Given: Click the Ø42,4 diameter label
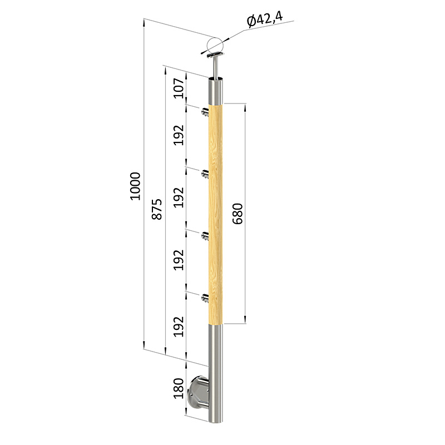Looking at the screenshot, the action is pyautogui.click(x=265, y=19).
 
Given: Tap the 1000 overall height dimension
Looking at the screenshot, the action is pyautogui.click(x=135, y=186).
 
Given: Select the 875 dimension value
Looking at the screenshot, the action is pyautogui.click(x=157, y=209).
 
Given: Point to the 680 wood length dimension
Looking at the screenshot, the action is pyautogui.click(x=238, y=214).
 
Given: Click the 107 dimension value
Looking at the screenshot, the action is pyautogui.click(x=179, y=88).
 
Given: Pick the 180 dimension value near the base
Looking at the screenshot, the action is pyautogui.click(x=179, y=388).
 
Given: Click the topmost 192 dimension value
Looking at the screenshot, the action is pyautogui.click(x=179, y=135).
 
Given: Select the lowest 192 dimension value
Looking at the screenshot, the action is pyautogui.click(x=179, y=327).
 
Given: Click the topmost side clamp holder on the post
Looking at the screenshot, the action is pyautogui.click(x=205, y=112).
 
